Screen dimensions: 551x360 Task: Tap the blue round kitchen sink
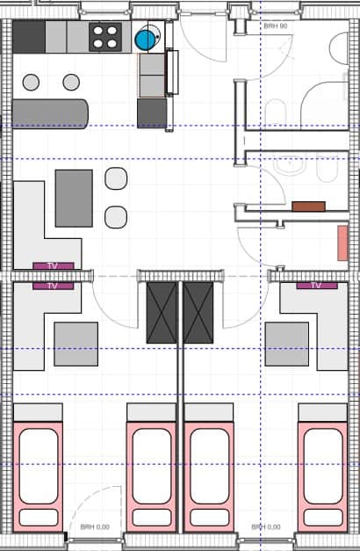tap(145, 39)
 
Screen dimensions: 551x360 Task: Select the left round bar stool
tap(32, 83)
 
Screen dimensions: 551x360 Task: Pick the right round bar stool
tap(71, 83)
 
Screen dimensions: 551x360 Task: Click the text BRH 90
tap(275, 27)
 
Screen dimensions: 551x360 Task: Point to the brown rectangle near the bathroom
tap(308, 207)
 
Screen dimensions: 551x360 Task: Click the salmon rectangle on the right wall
tap(342, 243)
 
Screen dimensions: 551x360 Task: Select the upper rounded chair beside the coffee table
tap(116, 178)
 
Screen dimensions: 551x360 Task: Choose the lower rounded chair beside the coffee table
tap(116, 216)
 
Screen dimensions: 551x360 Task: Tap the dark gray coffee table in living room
tap(74, 198)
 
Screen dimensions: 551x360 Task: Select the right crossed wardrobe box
tap(198, 312)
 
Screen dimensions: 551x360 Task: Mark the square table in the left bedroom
tap(76, 344)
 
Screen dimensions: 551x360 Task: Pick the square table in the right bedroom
tap(287, 344)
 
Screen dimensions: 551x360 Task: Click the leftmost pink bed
tap(40, 470)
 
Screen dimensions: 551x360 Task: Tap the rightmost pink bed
tap(321, 470)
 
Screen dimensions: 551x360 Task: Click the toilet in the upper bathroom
tap(277, 111)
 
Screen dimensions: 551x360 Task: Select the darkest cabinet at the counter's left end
tap(28, 37)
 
